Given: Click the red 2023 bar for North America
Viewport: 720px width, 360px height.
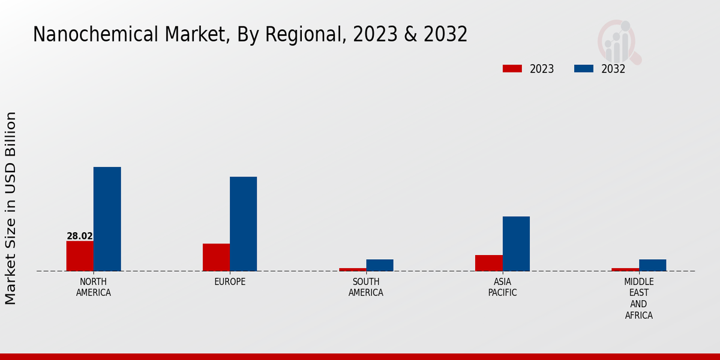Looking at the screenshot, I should pyautogui.click(x=80, y=256).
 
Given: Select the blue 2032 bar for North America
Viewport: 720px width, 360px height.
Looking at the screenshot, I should pyautogui.click(x=107, y=219).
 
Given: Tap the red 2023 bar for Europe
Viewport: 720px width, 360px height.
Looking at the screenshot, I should pyautogui.click(x=216, y=257).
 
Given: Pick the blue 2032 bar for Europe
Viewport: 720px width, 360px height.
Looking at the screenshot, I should pyautogui.click(x=243, y=224).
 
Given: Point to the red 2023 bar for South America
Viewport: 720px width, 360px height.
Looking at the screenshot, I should pyautogui.click(x=352, y=269).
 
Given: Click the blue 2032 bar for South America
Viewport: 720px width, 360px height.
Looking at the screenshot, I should pyautogui.click(x=379, y=265).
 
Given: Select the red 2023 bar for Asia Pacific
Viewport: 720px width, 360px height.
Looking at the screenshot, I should pyautogui.click(x=488, y=263).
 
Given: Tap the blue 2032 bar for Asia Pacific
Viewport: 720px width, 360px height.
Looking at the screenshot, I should pyautogui.click(x=516, y=244).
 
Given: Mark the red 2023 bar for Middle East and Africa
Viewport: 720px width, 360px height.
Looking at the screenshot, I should pyautogui.click(x=625, y=269).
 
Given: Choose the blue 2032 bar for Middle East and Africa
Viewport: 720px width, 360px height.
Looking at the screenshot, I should pyautogui.click(x=652, y=265).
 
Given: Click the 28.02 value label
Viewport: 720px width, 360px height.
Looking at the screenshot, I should pyautogui.click(x=80, y=236).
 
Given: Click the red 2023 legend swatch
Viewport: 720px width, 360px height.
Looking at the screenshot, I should pyautogui.click(x=512, y=68).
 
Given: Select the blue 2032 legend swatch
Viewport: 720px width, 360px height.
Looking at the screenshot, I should pyautogui.click(x=583, y=68).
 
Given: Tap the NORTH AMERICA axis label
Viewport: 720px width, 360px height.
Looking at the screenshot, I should pyautogui.click(x=94, y=287).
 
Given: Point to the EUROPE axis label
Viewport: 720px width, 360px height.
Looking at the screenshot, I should pyautogui.click(x=230, y=282).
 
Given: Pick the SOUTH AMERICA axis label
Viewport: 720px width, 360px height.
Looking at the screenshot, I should pyautogui.click(x=366, y=287).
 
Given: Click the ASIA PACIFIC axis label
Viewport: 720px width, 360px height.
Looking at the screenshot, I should pyautogui.click(x=502, y=287).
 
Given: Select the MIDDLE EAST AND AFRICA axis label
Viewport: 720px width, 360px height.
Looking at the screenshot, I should pyautogui.click(x=638, y=298).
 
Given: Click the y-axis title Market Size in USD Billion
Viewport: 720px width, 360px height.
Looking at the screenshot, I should pyautogui.click(x=11, y=208).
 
